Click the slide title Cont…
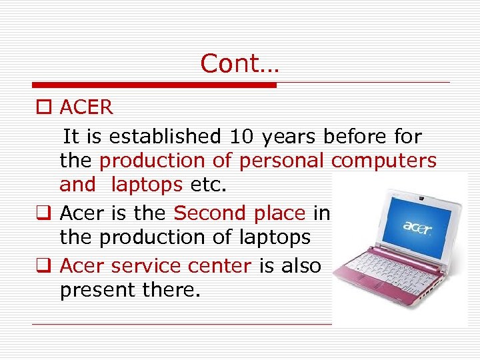[x=240, y=63]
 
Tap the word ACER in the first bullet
[x=86, y=107]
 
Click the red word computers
[x=384, y=161]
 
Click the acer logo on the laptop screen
[x=418, y=225]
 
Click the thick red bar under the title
[x=154, y=85]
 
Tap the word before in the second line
[x=355, y=137]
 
